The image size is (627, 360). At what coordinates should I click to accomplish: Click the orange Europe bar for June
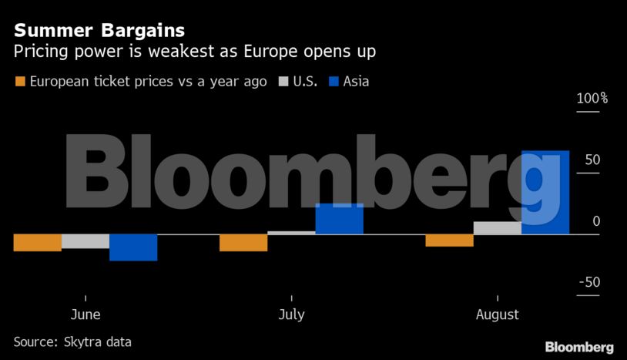click(x=38, y=242)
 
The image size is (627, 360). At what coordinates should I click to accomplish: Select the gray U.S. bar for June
click(x=85, y=241)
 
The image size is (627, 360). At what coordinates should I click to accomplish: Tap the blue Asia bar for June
click(x=133, y=247)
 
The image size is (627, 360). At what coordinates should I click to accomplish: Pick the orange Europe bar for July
click(x=243, y=242)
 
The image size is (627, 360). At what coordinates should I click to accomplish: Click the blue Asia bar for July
click(x=339, y=219)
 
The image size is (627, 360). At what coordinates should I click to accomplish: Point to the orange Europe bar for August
click(x=449, y=240)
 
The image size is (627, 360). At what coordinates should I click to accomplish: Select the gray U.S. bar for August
click(x=497, y=227)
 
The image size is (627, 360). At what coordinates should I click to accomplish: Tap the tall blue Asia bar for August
click(x=545, y=192)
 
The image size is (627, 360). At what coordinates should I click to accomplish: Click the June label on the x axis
click(x=85, y=315)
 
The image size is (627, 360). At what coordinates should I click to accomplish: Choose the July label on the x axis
click(x=291, y=315)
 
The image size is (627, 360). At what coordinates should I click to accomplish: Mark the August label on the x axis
click(x=497, y=315)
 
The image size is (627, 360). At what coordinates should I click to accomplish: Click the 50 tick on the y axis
click(x=592, y=160)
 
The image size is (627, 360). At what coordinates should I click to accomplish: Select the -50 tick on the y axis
click(x=590, y=282)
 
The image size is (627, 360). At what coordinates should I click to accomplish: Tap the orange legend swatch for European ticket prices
click(x=20, y=81)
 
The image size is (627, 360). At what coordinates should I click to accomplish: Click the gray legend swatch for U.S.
click(x=283, y=81)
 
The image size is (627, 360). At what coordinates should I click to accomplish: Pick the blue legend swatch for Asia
click(x=334, y=81)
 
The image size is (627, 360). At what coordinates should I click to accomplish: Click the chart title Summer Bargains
click(x=99, y=31)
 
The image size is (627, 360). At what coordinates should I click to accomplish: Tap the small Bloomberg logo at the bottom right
click(x=579, y=346)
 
